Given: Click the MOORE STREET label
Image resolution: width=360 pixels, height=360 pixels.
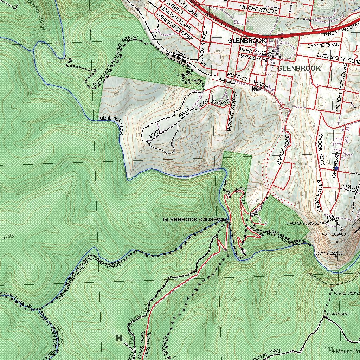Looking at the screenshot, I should tap(259, 9).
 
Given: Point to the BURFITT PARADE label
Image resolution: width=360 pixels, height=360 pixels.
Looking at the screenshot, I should tap(247, 81).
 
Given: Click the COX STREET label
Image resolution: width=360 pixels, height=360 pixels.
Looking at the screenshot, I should tap(214, 103).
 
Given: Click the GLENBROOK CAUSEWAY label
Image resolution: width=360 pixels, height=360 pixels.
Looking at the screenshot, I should tap(195, 220).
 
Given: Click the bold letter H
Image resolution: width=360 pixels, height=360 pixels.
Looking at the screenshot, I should tap(119, 338).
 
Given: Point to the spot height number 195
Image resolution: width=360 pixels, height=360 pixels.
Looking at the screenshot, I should tap(10, 236).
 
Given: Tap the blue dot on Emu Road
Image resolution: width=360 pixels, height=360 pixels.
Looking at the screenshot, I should tap(336, 168).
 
